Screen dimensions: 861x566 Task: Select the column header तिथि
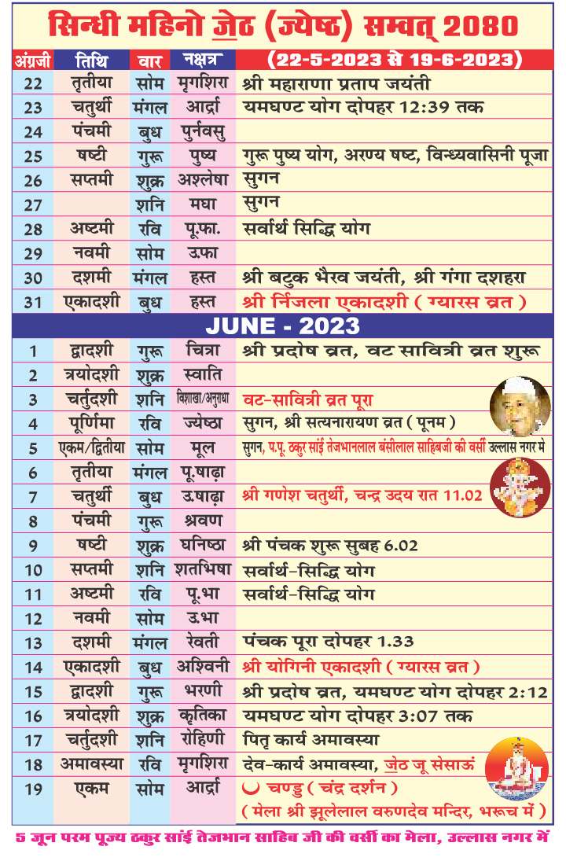click(92, 60)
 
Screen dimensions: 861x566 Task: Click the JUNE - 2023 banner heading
click(283, 325)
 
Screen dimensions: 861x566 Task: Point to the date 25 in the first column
click(33, 156)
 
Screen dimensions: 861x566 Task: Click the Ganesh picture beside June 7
click(520, 488)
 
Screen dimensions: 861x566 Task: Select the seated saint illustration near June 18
click(516, 768)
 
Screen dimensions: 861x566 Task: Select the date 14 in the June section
click(33, 666)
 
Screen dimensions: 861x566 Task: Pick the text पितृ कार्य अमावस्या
click(311, 739)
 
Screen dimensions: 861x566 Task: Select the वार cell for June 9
click(149, 545)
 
